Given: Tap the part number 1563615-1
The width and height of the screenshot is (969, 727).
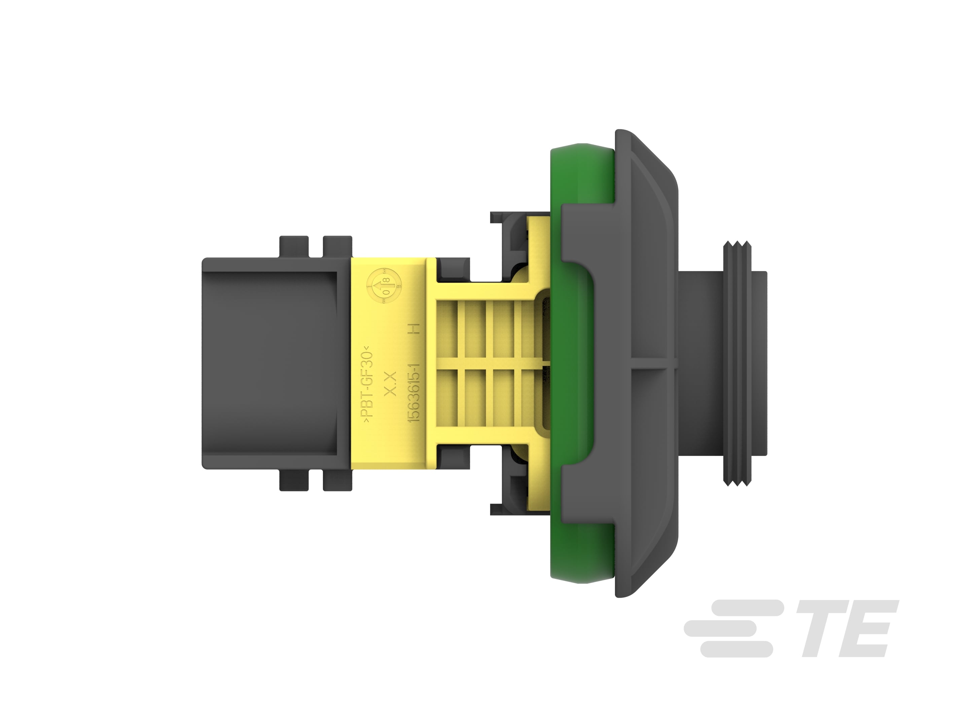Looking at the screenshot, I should tap(414, 392).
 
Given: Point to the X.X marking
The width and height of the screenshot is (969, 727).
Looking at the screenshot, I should tap(390, 384).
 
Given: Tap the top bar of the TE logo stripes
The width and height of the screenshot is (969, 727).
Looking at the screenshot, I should tap(747, 608).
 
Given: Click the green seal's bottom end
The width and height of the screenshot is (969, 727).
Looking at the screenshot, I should tap(582, 578).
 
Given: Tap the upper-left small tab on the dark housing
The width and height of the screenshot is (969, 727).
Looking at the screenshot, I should tap(294, 246).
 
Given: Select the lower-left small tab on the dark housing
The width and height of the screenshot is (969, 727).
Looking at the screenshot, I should tap(294, 481).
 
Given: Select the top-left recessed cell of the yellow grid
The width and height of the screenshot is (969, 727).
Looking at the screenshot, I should tap(447, 328).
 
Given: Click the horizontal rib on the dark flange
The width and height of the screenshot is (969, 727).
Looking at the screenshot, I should tap(653, 364).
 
